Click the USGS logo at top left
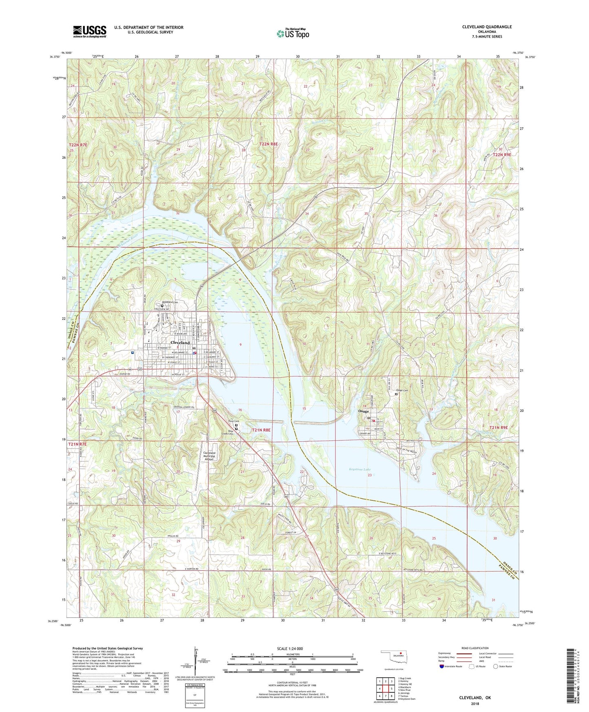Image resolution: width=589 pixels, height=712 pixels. click(90, 31)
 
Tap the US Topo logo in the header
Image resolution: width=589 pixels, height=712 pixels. click(293, 33)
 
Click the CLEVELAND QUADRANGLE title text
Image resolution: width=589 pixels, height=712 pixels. click(487, 27)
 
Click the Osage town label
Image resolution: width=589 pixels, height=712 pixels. click(363, 411)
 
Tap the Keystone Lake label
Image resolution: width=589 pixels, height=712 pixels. click(360, 469)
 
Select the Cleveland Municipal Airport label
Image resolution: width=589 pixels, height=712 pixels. click(209, 456)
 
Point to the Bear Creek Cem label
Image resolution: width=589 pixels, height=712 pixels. click(227, 432)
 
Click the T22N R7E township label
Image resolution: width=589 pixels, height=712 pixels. click(78, 145)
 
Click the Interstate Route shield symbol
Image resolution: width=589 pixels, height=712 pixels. click(443, 666)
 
